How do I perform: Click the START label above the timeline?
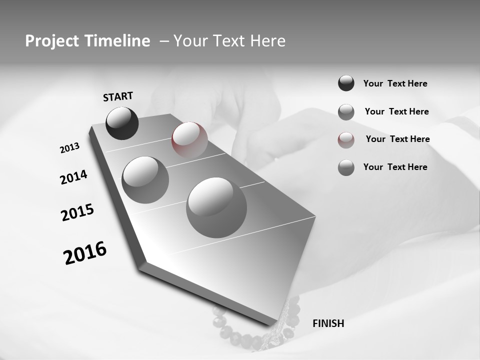pos(118,96)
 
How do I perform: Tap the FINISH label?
pos(328,323)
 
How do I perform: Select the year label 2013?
pos(69,148)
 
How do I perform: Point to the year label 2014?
pos(73,177)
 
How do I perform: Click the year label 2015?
pos(77,212)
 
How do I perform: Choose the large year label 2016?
pos(85,253)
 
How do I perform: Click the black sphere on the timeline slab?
pos(122,123)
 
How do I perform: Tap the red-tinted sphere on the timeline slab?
pos(189,139)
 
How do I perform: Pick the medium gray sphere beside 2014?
pos(145,179)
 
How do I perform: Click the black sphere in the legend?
pos(346,83)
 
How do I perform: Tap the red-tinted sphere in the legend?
pos(346,139)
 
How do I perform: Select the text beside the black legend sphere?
pos(395,83)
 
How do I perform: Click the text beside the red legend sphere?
pos(397,139)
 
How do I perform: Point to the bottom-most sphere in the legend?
pos(346,167)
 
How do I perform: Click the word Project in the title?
pos(52,41)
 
